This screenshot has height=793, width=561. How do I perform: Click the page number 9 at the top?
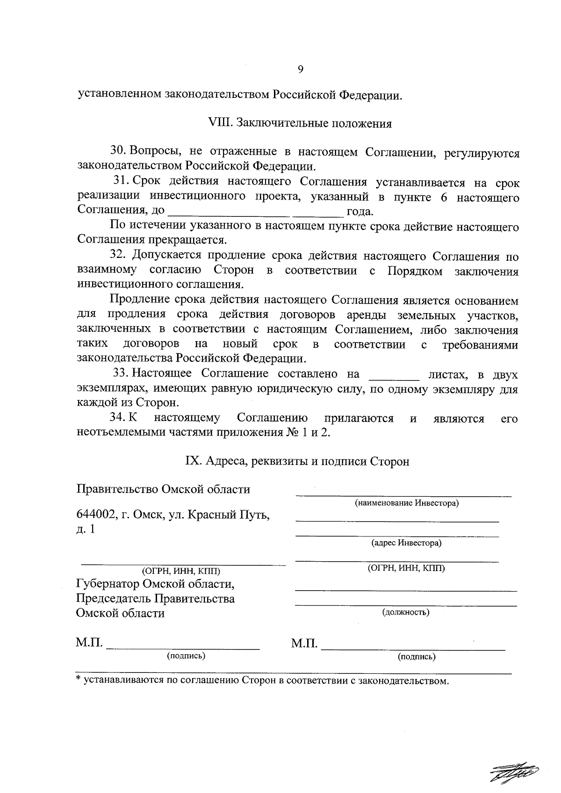coord(300,70)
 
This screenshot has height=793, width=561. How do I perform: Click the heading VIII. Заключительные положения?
coord(299,124)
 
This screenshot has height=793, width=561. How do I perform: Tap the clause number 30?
coord(118,151)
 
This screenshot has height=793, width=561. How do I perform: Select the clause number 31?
coord(122,181)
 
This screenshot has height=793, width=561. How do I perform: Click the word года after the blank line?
coord(359,212)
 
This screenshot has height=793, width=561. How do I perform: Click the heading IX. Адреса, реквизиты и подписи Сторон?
coord(297,461)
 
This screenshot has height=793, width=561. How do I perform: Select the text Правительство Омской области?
coord(163,489)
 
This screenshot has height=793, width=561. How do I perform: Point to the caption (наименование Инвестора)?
coord(406,503)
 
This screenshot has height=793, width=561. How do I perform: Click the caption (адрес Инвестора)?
coord(406,543)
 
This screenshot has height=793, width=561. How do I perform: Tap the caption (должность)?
coord(406,612)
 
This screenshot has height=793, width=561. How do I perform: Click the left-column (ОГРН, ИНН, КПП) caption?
coord(181,571)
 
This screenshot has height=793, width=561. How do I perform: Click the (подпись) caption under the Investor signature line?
coord(417,657)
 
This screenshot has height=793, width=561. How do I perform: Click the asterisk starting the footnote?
coord(79,679)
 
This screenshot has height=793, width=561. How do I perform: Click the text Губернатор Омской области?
coord(155,584)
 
